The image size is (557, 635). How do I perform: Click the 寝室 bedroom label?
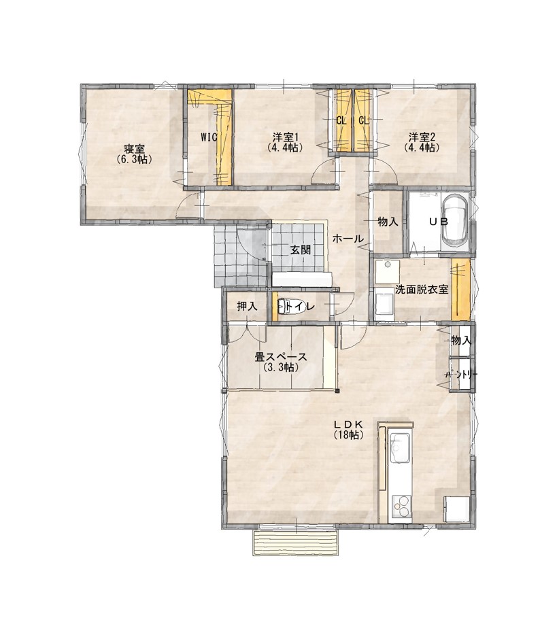coord(134,149)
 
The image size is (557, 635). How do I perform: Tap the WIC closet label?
coord(209,137)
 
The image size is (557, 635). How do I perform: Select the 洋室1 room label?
coord(285,137)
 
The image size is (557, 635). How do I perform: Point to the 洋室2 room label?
coord(421,137)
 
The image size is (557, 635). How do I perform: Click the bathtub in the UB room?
coord(454,222)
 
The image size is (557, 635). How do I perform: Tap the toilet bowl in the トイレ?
coord(291,307)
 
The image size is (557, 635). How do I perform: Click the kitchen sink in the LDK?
coord(399,448)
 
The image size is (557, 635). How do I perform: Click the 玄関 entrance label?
coord(300,250)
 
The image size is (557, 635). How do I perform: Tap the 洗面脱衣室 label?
coord(422,290)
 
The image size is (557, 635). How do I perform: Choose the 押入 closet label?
coord(247,306)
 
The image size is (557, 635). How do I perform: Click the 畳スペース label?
coord(280,357)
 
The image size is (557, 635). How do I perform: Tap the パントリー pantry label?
coord(461,374)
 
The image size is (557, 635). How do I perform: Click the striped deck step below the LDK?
coord(295,543)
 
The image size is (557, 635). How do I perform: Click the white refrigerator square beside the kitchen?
coord(457,509)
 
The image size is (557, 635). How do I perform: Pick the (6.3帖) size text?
coord(134,159)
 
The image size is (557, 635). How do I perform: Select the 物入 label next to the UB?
coord(388,222)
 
